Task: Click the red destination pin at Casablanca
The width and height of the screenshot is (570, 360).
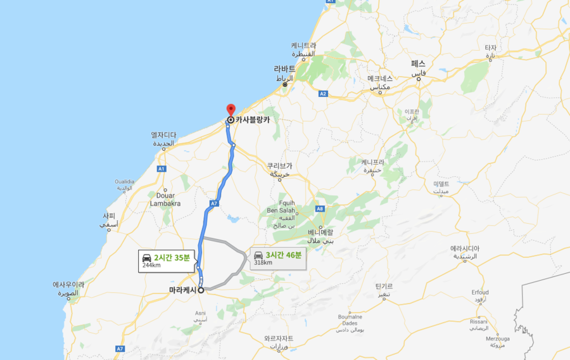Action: tap(231, 109)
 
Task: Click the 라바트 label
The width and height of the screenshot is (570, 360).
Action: tap(284, 68)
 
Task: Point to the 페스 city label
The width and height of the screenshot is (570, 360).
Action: tap(418, 64)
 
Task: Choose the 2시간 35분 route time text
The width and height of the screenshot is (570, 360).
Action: tap(172, 257)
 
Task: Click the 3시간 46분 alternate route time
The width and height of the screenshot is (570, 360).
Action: tap(284, 255)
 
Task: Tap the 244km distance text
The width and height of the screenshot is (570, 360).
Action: tap(151, 265)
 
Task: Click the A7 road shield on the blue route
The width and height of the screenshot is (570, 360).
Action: tap(214, 203)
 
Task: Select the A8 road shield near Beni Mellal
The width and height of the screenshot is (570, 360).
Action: tap(320, 209)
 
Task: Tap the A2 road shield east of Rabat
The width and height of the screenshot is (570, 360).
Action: tap(323, 93)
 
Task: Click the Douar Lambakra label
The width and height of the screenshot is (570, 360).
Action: tap(165, 200)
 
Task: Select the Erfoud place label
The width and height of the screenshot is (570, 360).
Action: tap(479, 292)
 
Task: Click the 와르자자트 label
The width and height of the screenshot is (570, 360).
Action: tap(279, 338)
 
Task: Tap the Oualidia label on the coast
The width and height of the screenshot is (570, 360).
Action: tap(125, 181)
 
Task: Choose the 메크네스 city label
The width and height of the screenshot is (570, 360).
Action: tap(381, 79)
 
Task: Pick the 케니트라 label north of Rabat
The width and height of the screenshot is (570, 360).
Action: tap(303, 45)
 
